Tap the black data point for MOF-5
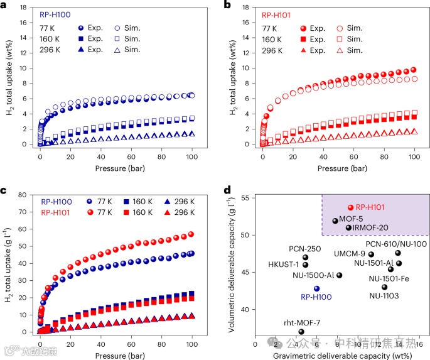tap(335, 221)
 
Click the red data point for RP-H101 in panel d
tap(350, 207)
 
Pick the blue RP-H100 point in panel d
tap(316, 289)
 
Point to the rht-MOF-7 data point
tap(301, 332)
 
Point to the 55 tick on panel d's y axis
tap(247, 198)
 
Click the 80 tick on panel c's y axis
tap(27, 195)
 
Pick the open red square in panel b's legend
tap(340, 39)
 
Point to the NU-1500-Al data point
tap(340, 275)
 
